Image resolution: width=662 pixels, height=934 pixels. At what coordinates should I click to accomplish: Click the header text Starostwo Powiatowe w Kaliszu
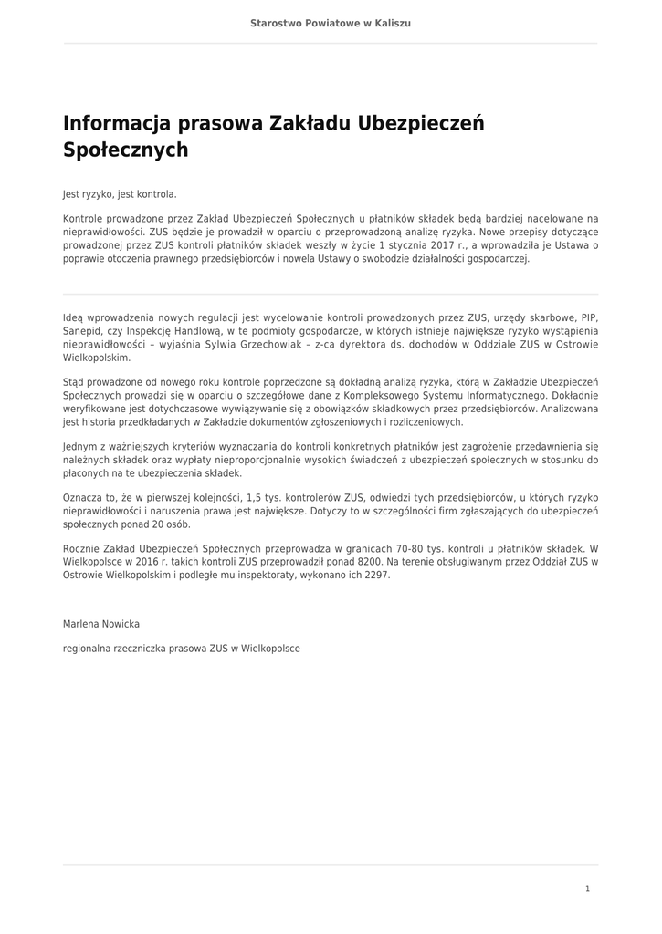tap(331, 23)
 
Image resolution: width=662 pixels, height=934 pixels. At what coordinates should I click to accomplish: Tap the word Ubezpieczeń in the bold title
tap(422, 123)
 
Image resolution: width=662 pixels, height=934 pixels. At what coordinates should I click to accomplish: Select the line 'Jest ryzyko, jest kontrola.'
tap(120, 194)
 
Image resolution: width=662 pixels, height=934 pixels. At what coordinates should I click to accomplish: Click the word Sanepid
tap(82, 331)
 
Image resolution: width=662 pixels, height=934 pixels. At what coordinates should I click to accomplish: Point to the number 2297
tap(376, 576)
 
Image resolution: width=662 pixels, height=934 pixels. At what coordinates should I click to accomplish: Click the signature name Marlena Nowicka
tap(101, 624)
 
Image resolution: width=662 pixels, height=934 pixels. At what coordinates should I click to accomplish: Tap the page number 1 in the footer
tap(587, 888)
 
